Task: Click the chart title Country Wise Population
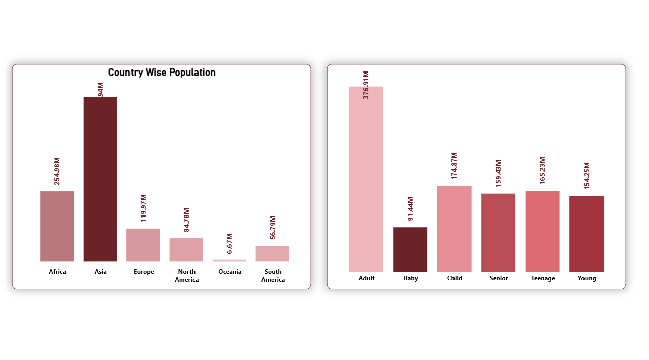pyautogui.click(x=162, y=73)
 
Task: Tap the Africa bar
pyautogui.click(x=57, y=226)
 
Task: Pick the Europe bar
pyautogui.click(x=143, y=245)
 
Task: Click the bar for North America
pyautogui.click(x=186, y=250)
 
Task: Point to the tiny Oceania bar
pyautogui.click(x=229, y=260)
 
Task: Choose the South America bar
pyautogui.click(x=273, y=253)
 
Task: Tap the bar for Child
pyautogui.click(x=455, y=229)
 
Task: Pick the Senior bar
pyautogui.click(x=498, y=233)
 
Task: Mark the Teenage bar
pyautogui.click(x=542, y=231)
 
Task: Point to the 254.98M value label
pyautogui.click(x=57, y=171)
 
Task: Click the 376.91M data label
pyautogui.click(x=366, y=85)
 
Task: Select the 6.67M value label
pyautogui.click(x=230, y=243)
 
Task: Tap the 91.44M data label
pyautogui.click(x=411, y=208)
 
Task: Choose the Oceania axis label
pyautogui.click(x=230, y=272)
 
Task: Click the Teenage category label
pyautogui.click(x=543, y=278)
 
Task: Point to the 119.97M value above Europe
pyautogui.click(x=144, y=208)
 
